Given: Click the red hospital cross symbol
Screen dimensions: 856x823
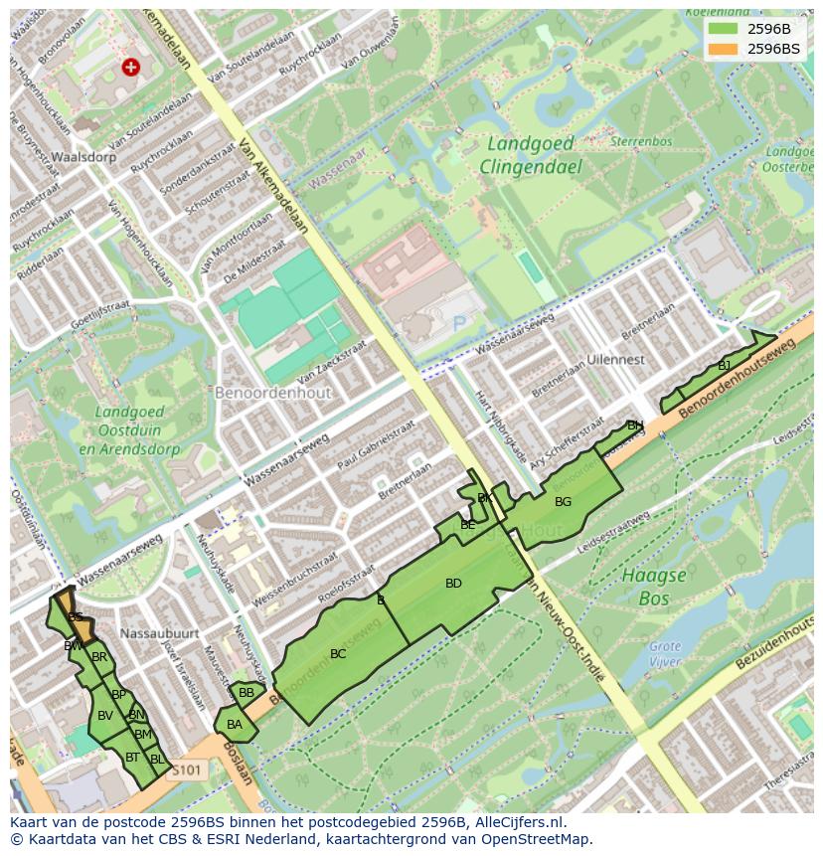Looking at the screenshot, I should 130,67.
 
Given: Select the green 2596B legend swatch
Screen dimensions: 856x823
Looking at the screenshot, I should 724,29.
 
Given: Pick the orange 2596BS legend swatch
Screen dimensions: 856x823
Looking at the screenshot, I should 724,49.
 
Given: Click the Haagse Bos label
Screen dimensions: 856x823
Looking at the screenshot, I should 654,587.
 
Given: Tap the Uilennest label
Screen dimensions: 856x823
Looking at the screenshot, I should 615,360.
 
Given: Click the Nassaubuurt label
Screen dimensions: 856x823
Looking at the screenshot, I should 159,632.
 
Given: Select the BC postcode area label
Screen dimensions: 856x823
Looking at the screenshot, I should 338,654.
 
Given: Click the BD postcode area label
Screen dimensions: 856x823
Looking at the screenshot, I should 453,584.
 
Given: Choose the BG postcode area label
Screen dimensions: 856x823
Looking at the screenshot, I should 563,502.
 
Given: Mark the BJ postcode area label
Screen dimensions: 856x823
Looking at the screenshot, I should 724,366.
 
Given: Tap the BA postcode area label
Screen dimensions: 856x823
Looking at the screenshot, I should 235,725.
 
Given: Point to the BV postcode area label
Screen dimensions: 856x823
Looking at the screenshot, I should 104,716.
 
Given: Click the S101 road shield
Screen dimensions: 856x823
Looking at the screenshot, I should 186,769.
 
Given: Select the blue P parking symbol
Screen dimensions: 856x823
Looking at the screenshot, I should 458,323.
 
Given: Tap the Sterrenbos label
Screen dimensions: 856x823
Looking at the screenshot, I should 641,142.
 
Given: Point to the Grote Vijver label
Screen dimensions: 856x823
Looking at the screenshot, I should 665,653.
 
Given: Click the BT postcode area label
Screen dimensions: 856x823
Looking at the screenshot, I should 132,758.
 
